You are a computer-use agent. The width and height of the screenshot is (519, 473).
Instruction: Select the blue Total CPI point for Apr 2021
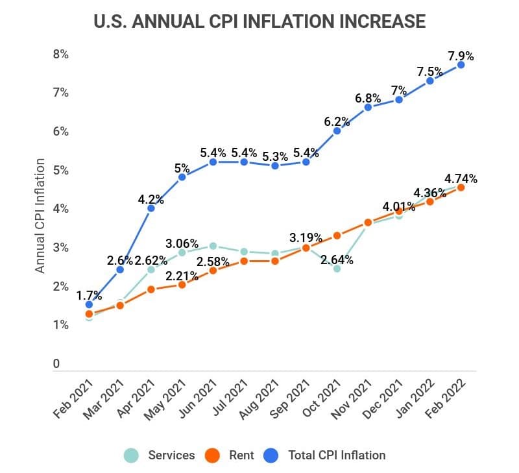(151, 208)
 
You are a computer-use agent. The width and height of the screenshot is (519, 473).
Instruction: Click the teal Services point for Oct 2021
(337, 268)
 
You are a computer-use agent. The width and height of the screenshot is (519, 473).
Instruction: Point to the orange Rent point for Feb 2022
(461, 188)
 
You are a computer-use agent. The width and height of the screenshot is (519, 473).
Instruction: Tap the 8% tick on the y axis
(60, 55)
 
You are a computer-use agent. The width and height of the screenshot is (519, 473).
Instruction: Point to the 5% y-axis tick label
(60, 171)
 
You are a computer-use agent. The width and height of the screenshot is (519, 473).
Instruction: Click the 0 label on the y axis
(56, 364)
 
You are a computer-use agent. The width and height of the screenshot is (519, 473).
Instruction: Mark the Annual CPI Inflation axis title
(40, 215)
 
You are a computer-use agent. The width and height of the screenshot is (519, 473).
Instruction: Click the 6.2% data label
(337, 121)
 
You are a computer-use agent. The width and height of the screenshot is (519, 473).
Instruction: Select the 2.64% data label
(337, 260)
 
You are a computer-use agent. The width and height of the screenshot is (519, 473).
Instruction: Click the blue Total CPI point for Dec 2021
(399, 100)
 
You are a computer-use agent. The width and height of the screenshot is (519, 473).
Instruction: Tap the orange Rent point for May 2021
(182, 284)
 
